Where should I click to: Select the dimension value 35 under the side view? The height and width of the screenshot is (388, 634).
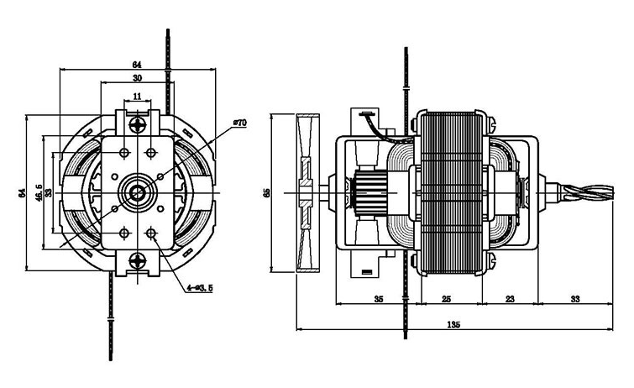378,298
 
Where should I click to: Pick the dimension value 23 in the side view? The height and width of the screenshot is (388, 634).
510,298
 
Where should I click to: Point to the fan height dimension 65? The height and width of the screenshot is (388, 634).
266,193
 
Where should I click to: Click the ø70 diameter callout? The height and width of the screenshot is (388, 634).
239,123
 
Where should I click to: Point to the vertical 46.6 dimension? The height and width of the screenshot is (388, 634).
39,193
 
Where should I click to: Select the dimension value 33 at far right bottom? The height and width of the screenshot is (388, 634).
575,298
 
